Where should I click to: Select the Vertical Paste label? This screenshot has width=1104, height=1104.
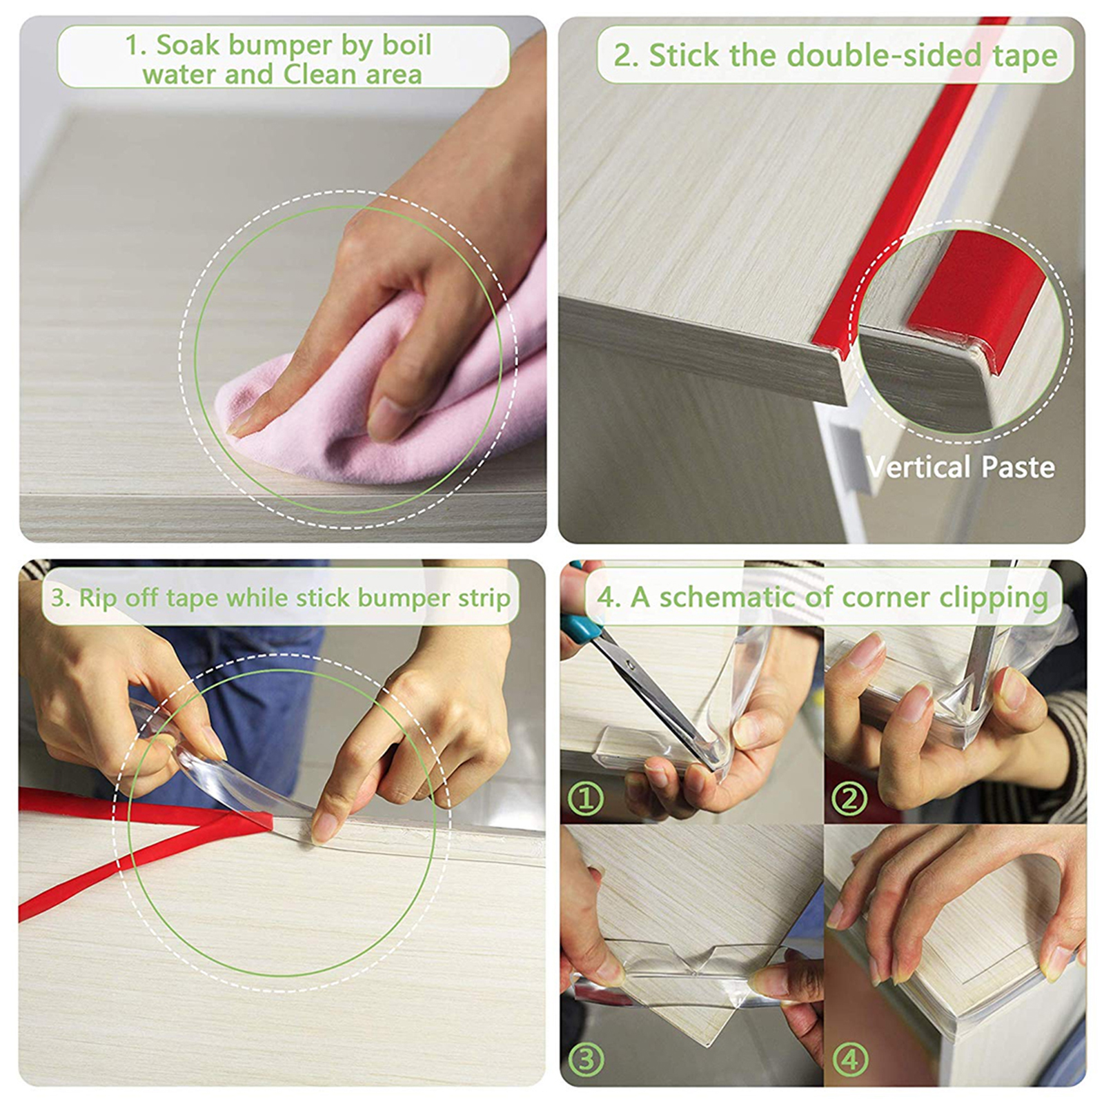click(x=960, y=467)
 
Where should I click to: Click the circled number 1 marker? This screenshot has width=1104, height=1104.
click(x=586, y=799)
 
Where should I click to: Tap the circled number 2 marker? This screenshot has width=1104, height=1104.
click(x=849, y=799)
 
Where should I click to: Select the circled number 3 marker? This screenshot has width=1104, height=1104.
click(x=586, y=1059)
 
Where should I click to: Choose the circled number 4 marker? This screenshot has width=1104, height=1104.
click(x=849, y=1059)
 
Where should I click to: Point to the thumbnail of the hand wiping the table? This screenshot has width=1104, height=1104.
click(x=283, y=279)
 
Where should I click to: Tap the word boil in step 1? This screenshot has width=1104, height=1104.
click(x=406, y=46)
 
